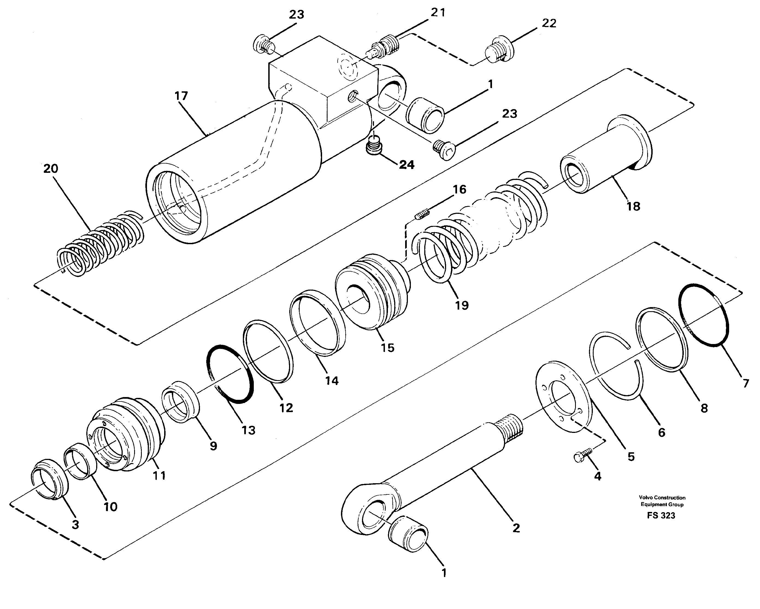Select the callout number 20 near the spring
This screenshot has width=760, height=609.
coord(51,169)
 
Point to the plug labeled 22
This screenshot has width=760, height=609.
coord(500,49)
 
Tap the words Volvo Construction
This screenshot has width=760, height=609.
coord(662,497)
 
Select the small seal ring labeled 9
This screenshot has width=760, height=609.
coord(181,402)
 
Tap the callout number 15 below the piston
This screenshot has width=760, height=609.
coord(387,348)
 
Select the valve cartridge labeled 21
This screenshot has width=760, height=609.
coord(385,49)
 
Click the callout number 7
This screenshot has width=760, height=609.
coord(746,384)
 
